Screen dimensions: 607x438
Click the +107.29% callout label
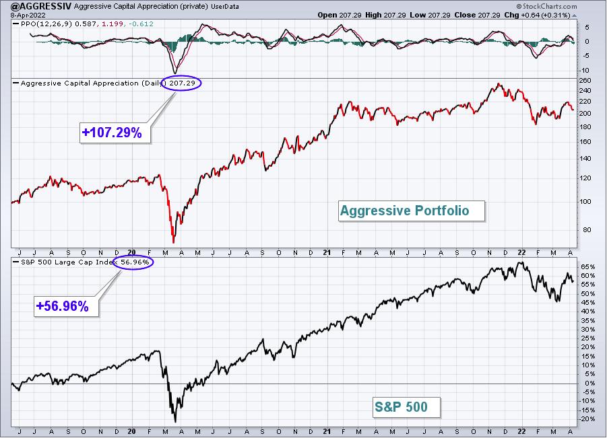[112, 133]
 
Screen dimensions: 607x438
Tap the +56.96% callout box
[63, 306]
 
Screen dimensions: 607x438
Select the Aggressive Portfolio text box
[412, 211]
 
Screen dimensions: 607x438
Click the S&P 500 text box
[406, 407]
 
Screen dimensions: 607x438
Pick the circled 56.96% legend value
[133, 262]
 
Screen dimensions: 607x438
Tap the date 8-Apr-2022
[28, 15]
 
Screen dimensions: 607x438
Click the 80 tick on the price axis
[587, 229]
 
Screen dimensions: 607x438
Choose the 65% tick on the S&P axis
[587, 266]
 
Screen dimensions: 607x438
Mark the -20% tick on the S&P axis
[587, 419]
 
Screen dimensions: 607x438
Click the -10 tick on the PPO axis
[585, 71]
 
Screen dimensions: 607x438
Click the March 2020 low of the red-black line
[173, 242]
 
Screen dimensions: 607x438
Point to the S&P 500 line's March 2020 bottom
[175, 422]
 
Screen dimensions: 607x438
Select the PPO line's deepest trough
[175, 73]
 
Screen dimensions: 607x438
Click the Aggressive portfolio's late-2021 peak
[499, 83]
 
